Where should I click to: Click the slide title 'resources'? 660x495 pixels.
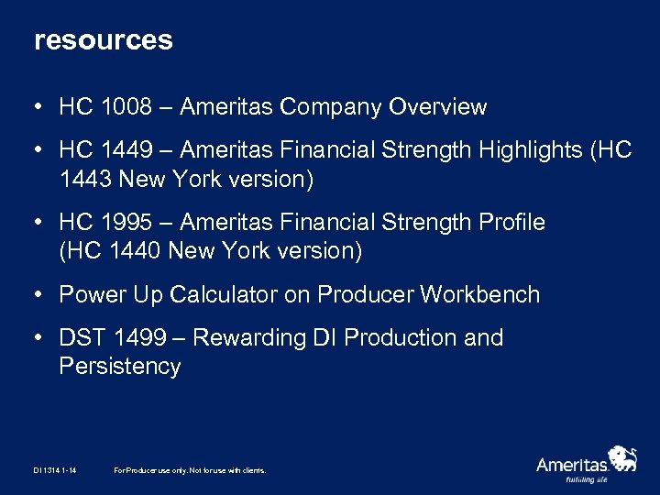click(103, 41)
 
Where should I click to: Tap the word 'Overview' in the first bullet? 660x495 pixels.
click(437, 107)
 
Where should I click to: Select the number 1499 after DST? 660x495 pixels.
click(143, 338)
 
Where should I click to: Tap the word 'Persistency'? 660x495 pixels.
click(120, 367)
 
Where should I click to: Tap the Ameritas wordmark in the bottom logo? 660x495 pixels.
click(572, 464)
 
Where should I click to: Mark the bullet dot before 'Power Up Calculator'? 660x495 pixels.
click(40, 295)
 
